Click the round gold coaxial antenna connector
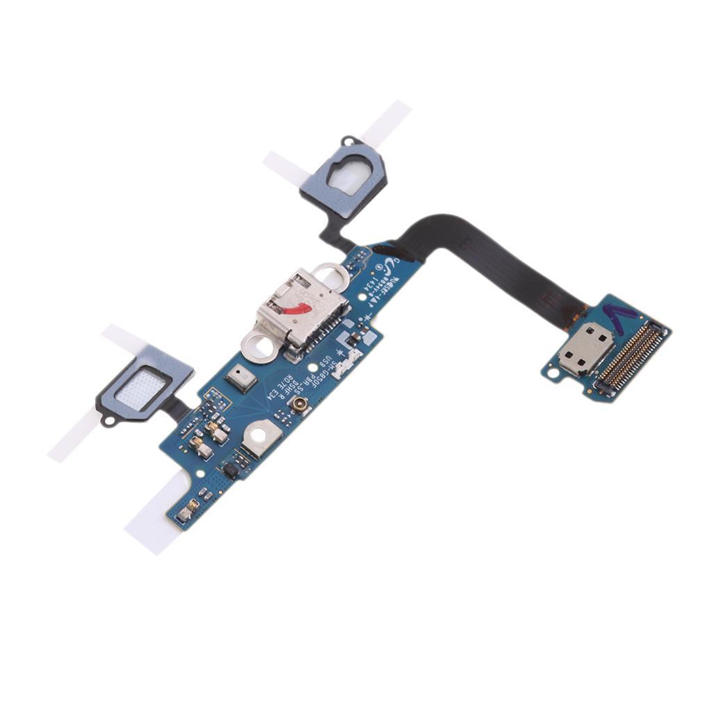coord(300,405)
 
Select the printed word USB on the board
coord(323,362)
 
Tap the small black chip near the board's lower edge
coord(232,471)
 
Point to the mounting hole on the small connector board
coord(553,373)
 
